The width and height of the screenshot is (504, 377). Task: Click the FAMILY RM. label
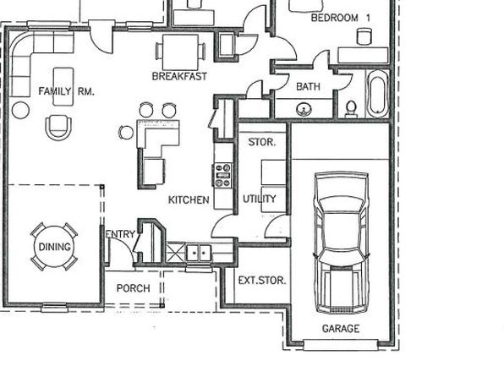coord(66,91)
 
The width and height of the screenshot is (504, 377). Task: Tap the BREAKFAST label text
coord(179,76)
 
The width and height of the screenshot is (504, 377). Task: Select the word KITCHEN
coord(189,199)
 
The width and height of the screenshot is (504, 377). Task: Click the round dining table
coord(54,247)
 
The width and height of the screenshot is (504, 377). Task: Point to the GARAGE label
coord(341,329)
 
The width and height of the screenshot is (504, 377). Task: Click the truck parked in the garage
coord(342,243)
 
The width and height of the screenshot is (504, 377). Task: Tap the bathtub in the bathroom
coord(377,93)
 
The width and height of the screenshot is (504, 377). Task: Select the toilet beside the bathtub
coord(351,109)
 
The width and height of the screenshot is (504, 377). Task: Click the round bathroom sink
coord(304,109)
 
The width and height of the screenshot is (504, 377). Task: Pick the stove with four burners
coord(223,176)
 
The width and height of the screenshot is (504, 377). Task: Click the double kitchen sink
coord(200,253)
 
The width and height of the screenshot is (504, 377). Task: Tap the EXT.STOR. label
coord(262,281)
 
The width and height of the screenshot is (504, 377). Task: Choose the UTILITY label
coord(260,199)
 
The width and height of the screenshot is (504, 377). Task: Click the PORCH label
coord(133,288)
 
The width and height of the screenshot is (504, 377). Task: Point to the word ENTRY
coord(121,234)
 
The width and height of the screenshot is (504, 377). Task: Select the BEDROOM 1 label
coord(341,18)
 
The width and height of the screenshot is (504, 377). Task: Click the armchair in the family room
coord(58,128)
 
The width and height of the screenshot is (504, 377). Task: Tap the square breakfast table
coord(180,52)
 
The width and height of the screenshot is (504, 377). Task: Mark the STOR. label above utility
coord(262,142)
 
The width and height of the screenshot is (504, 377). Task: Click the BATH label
coord(309,86)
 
